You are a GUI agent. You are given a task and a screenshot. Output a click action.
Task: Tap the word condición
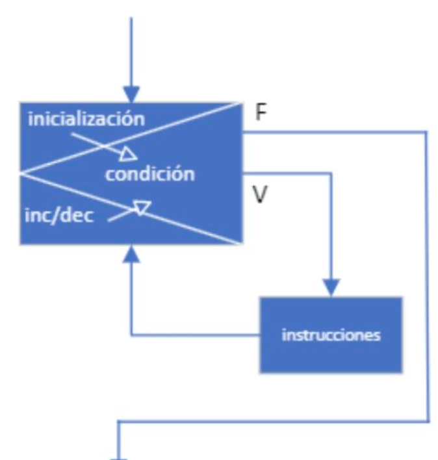(x=150, y=174)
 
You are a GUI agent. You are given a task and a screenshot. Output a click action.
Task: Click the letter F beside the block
(x=261, y=112)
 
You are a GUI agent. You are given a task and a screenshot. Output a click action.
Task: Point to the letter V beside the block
(x=260, y=195)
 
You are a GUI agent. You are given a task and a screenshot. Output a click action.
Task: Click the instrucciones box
(x=331, y=335)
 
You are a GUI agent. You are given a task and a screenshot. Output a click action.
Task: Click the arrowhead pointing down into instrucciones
(x=331, y=288)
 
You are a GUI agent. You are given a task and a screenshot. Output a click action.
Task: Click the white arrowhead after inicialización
(x=129, y=155)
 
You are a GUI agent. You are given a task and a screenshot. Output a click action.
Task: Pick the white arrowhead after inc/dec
(x=142, y=208)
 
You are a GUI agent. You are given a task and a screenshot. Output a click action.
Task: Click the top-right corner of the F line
(x=428, y=132)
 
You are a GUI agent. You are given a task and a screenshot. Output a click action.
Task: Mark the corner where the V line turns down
(x=331, y=173)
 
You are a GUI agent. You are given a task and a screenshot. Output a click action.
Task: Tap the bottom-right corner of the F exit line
(x=428, y=422)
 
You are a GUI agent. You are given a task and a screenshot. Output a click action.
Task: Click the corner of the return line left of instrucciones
(x=132, y=335)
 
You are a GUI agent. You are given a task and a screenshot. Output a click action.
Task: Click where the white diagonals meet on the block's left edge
(x=21, y=173)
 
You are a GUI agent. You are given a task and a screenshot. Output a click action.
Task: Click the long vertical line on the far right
(x=428, y=273)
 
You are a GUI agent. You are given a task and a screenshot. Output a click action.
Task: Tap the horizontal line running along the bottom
(x=273, y=422)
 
